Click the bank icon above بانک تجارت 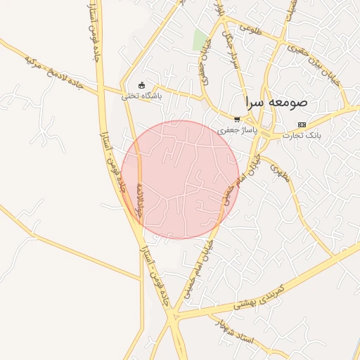tap(302, 124)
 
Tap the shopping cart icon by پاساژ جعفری tap(238, 120)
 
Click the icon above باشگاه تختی tap(142, 86)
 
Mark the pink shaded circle tap(180, 179)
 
